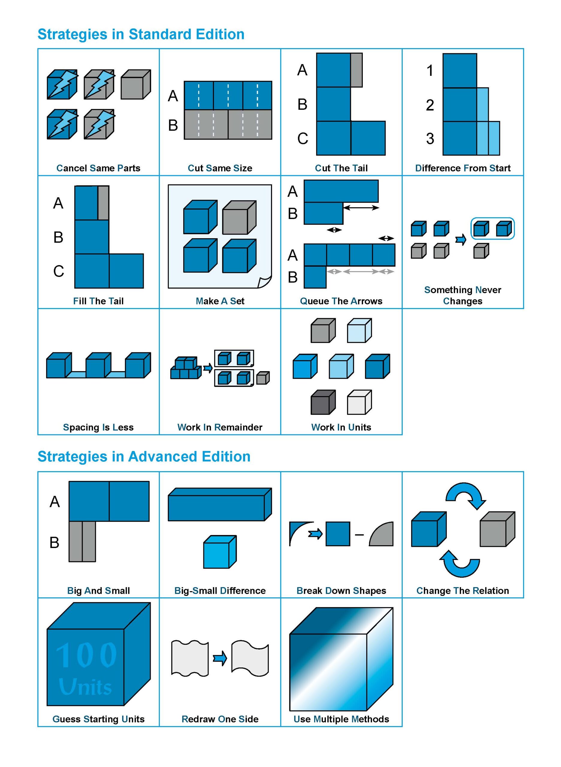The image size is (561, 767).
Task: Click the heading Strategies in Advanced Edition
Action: (144, 457)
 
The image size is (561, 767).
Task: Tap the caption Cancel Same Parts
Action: (98, 168)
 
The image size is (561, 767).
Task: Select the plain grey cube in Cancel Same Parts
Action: (135, 85)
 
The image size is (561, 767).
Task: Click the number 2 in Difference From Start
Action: (430, 105)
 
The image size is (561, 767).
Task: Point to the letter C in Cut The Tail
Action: (302, 139)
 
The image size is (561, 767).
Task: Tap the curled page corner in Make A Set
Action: (265, 282)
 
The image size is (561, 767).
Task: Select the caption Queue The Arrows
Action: (341, 301)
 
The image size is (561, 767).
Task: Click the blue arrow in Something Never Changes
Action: (460, 240)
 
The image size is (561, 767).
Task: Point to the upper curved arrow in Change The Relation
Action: (465, 495)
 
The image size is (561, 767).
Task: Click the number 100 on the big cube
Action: (86, 656)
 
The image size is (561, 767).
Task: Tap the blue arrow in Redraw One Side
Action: (220, 659)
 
